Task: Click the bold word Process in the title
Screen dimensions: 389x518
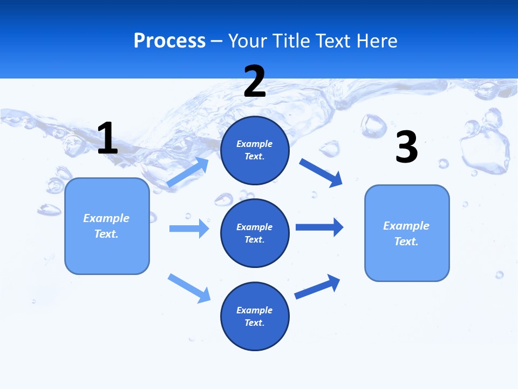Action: coord(169,41)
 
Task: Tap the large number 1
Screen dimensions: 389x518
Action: coord(107,138)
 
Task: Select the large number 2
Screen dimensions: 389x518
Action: coord(255,82)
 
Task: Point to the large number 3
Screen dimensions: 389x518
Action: coord(407,147)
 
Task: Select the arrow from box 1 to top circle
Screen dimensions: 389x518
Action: coord(188,172)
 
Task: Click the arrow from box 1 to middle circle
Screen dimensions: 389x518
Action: coord(189,229)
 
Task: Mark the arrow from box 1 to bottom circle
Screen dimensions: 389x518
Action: coord(189,287)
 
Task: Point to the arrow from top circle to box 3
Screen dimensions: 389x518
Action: coord(321,173)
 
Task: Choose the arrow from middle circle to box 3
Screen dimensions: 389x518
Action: coord(319,227)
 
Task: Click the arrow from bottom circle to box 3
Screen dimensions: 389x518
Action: coord(317,287)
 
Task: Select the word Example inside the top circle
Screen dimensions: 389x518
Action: coord(255,144)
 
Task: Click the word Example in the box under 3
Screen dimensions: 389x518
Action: coord(406,226)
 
